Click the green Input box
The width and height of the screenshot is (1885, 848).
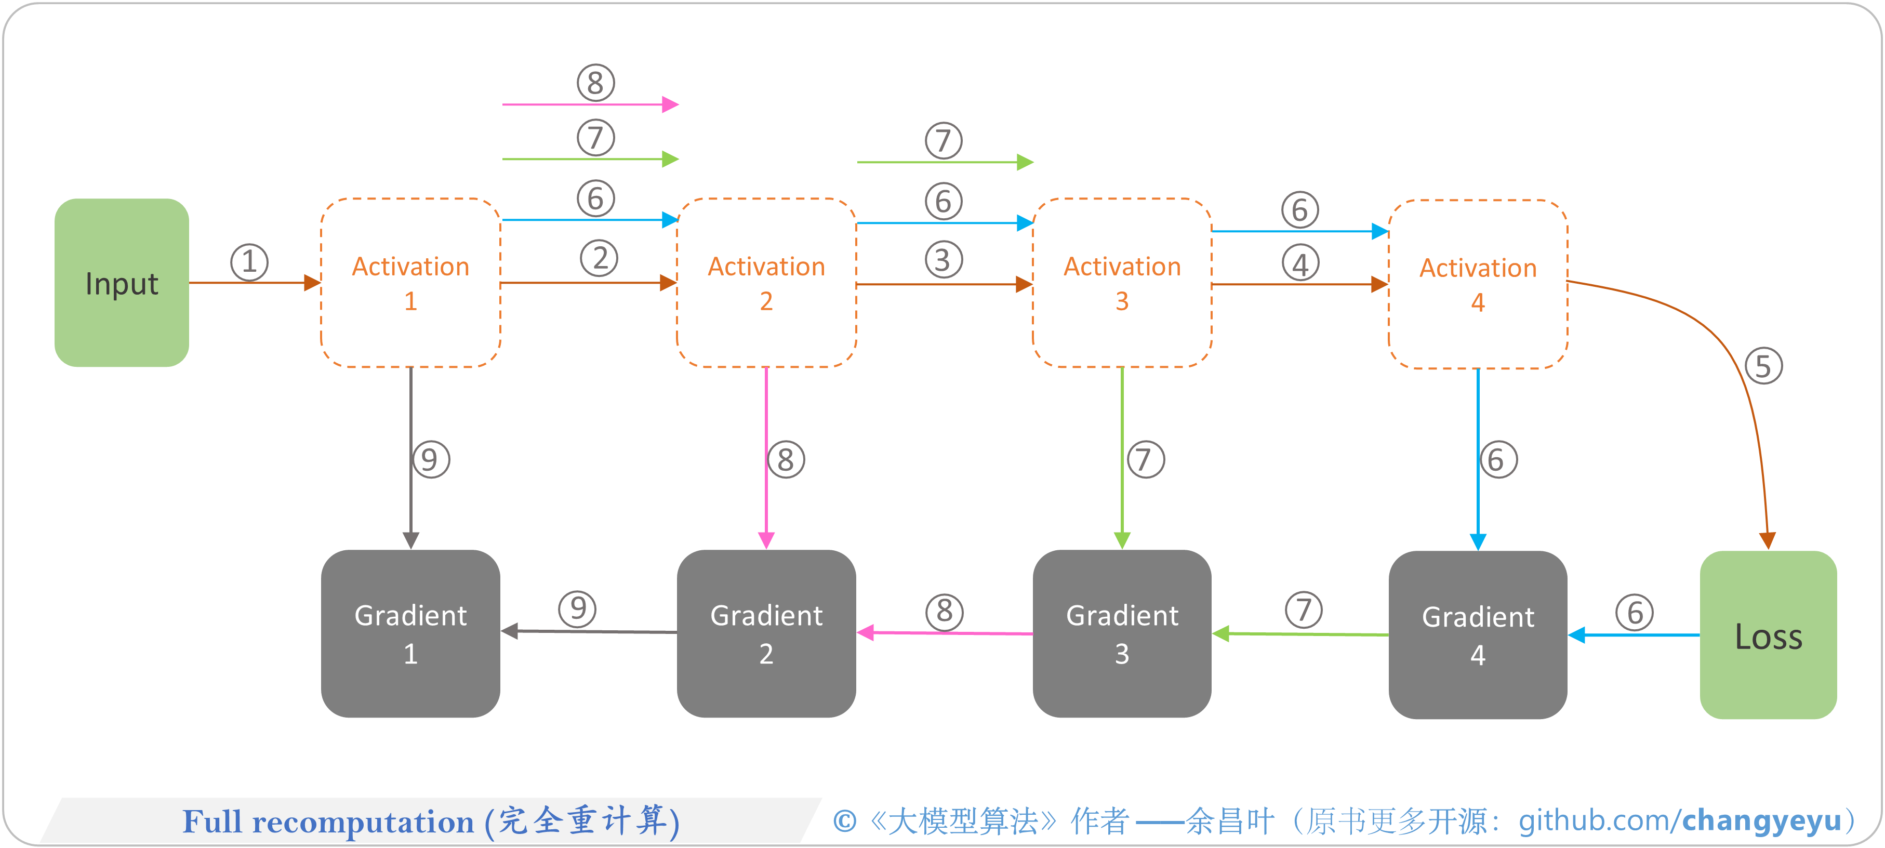[122, 283]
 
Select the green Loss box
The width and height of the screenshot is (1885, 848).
[1768, 634]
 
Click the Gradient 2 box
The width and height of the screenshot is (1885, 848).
[766, 633]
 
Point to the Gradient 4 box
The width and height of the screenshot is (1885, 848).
[1478, 634]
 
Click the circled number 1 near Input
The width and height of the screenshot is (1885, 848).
[249, 262]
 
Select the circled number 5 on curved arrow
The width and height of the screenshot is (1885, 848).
[1763, 366]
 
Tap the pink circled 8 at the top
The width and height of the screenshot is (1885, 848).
[595, 83]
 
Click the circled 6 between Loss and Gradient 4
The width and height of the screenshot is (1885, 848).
[1635, 613]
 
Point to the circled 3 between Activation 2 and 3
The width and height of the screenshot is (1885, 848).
[943, 260]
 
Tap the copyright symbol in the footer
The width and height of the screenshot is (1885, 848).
[844, 821]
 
